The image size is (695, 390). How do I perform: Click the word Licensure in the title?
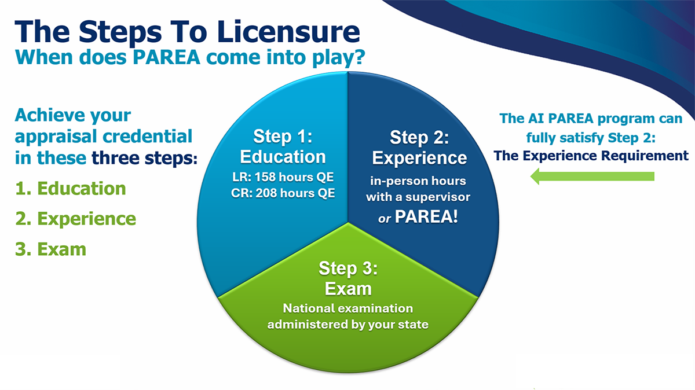288,32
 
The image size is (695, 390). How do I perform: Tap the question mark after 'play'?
359,57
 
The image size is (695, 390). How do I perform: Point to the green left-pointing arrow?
592,176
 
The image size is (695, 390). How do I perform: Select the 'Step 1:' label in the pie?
283,137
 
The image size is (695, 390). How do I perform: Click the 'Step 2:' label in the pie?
419,137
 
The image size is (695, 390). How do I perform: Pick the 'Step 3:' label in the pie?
348,268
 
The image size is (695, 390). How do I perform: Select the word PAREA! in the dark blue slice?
426,216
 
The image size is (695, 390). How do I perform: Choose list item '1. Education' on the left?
71,188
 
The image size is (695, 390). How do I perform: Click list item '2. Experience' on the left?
75,219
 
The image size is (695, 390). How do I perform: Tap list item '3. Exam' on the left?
50,249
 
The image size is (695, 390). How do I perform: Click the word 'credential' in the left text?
147,137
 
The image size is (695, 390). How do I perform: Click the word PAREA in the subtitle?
166,57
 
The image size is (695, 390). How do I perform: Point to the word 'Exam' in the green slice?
348,289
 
